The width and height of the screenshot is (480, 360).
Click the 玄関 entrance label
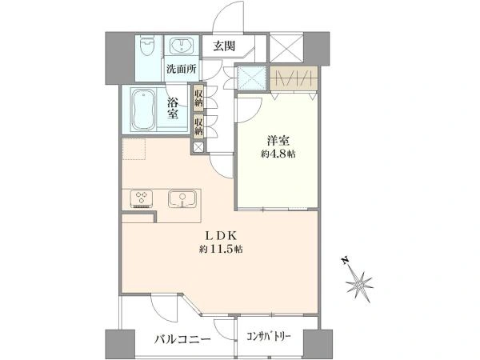point(224,46)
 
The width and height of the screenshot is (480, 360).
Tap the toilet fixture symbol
point(147,46)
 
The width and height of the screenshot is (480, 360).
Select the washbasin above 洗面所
point(182,46)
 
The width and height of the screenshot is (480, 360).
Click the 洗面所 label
point(182,69)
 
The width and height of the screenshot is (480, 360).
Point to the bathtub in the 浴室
point(143,110)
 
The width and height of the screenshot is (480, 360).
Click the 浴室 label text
point(173,108)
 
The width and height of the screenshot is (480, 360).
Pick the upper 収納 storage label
point(198,97)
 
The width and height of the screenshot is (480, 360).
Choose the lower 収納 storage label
point(198,126)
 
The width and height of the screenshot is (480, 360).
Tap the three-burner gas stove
point(142,199)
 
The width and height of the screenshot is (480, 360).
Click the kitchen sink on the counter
point(182,199)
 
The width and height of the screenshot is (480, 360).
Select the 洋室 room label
point(278,141)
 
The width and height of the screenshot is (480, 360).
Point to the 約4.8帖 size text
point(278,154)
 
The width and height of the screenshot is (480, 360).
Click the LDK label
point(221,235)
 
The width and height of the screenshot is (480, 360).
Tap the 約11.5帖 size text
point(221,249)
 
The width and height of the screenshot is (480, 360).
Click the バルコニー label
point(182,339)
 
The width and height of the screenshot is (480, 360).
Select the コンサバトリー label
point(269,337)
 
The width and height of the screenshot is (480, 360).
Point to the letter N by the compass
point(346,261)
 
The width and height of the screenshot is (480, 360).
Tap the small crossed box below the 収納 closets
point(198,147)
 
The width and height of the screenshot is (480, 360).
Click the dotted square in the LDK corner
point(134,149)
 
